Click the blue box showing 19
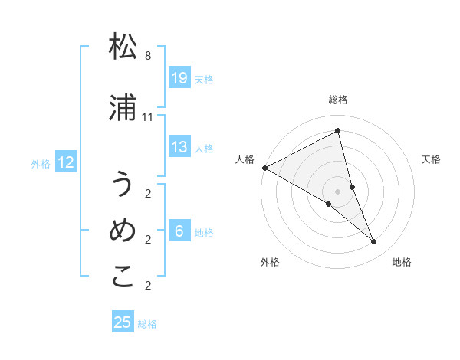tap(179, 78)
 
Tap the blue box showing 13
tap(179, 147)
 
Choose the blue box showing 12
tap(66, 162)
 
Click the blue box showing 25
tap(123, 322)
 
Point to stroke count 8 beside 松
tap(148, 56)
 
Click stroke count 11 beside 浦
tap(148, 117)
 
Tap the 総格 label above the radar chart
tap(338, 100)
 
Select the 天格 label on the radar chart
tap(432, 159)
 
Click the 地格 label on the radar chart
tap(402, 262)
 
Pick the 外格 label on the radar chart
tap(270, 262)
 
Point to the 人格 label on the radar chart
tap(245, 159)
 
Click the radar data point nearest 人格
tap(264, 168)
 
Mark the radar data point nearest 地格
tap(374, 242)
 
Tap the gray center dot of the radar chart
tap(337, 191)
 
